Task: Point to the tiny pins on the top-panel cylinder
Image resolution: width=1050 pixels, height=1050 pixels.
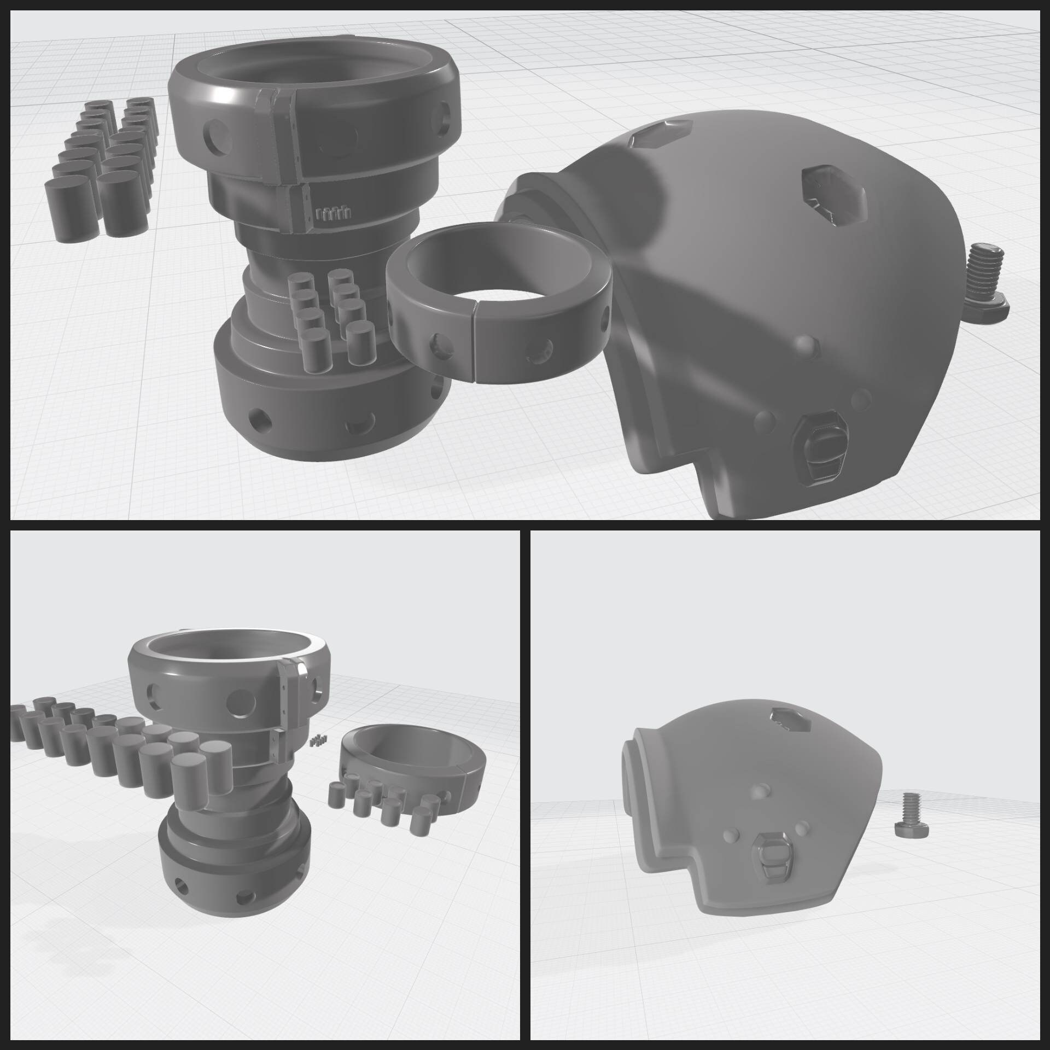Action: [332, 213]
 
